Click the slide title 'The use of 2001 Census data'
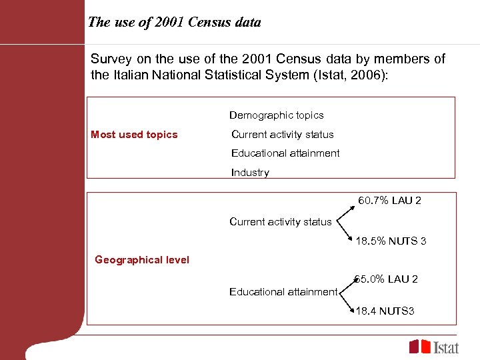pos(175,22)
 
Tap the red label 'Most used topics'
pos(134,135)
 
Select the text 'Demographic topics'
pos(277,115)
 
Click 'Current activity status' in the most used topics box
pos(283,135)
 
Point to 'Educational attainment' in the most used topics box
pos(285,153)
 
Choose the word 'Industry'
pos(250,173)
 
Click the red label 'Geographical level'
pos(142,260)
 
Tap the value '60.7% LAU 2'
pos(390,201)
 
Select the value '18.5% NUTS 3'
pos(391,241)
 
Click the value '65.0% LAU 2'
pos(387,279)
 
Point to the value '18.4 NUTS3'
pos(385,311)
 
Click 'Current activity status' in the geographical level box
pos(280,221)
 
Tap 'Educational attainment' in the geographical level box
pos(283,291)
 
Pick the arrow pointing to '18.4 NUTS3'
pos(346,301)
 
